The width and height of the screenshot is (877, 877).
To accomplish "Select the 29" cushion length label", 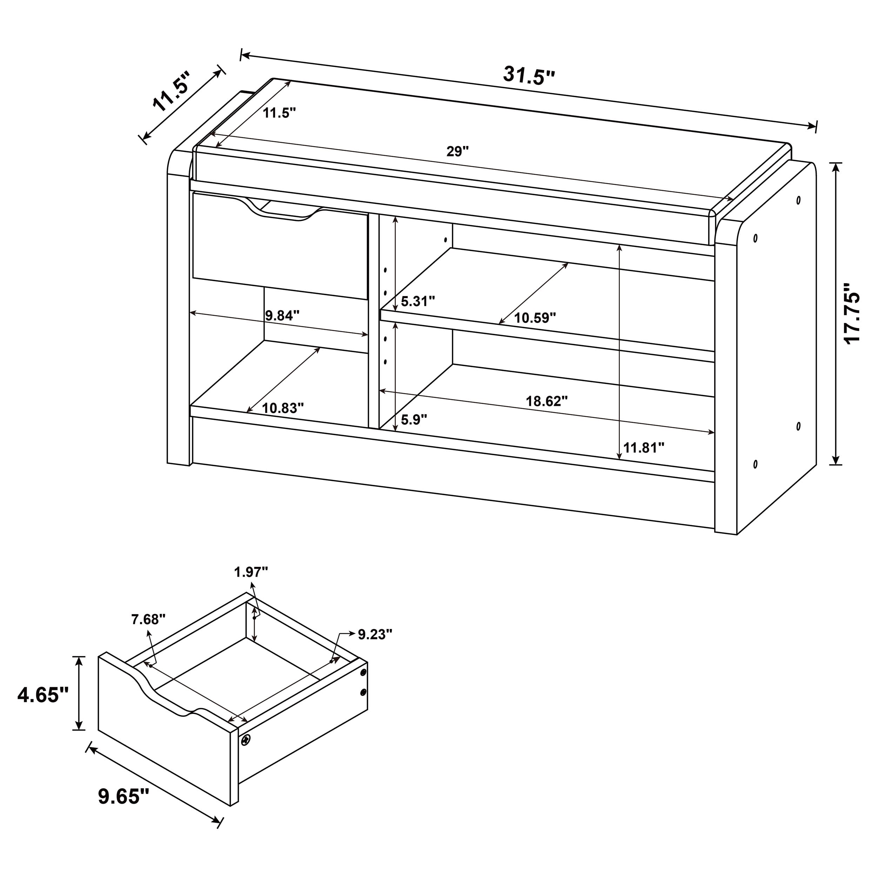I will pyautogui.click(x=457, y=152).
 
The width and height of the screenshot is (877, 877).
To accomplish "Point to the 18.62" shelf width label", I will pyautogui.click(x=547, y=401).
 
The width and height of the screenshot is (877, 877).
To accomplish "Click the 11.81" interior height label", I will pyautogui.click(x=644, y=448).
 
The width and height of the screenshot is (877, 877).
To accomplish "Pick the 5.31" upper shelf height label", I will pyautogui.click(x=417, y=301).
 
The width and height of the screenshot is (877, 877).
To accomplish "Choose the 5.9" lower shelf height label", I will pyautogui.click(x=414, y=420).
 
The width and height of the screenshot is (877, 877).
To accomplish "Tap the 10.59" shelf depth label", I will pyautogui.click(x=535, y=318).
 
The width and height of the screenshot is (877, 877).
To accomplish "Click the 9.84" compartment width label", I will pyautogui.click(x=282, y=315).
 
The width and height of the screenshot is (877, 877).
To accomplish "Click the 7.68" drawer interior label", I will pyautogui.click(x=148, y=619).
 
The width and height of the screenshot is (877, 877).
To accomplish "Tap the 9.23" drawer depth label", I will pyautogui.click(x=375, y=635).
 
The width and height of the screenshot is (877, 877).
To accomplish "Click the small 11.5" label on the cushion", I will pyautogui.click(x=279, y=113).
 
